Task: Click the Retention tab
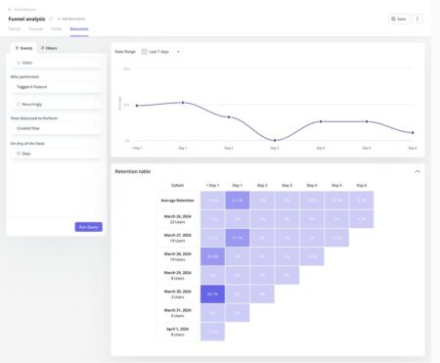[79, 28]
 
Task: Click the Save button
[398, 19]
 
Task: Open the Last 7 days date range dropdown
[162, 51]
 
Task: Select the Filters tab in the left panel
[48, 47]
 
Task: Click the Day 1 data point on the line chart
[183, 102]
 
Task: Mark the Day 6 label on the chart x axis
[413, 148]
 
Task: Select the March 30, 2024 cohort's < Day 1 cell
[212, 293]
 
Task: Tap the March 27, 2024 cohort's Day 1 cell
[237, 237]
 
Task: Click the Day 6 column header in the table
[361, 185]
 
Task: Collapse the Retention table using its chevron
[418, 170]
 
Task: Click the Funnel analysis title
[27, 19]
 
